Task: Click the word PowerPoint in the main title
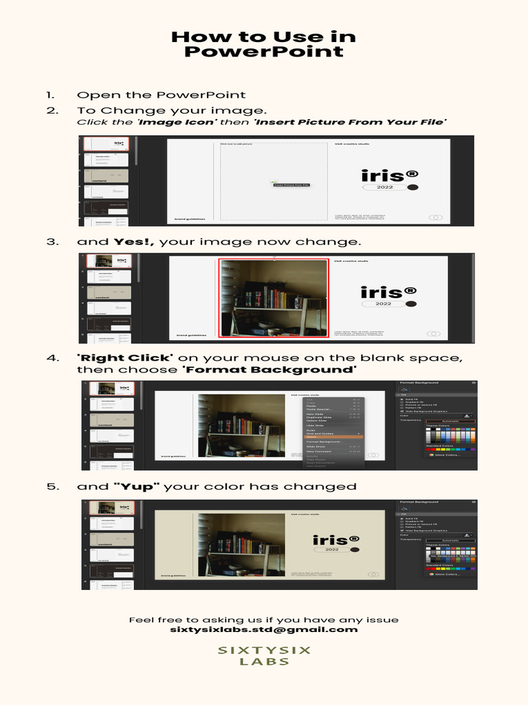coord(264,52)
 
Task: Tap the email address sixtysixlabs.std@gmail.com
coord(264,629)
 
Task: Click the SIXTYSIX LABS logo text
coord(264,655)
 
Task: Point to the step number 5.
coord(50,487)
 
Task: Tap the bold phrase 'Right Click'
coord(124,358)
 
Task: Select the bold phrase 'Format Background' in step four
coord(269,370)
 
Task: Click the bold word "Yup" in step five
coord(137,487)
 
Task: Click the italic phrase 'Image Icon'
coord(177,122)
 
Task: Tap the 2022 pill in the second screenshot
coord(383,304)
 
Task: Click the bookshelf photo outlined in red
coord(274,298)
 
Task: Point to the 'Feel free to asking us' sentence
coord(264,620)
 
